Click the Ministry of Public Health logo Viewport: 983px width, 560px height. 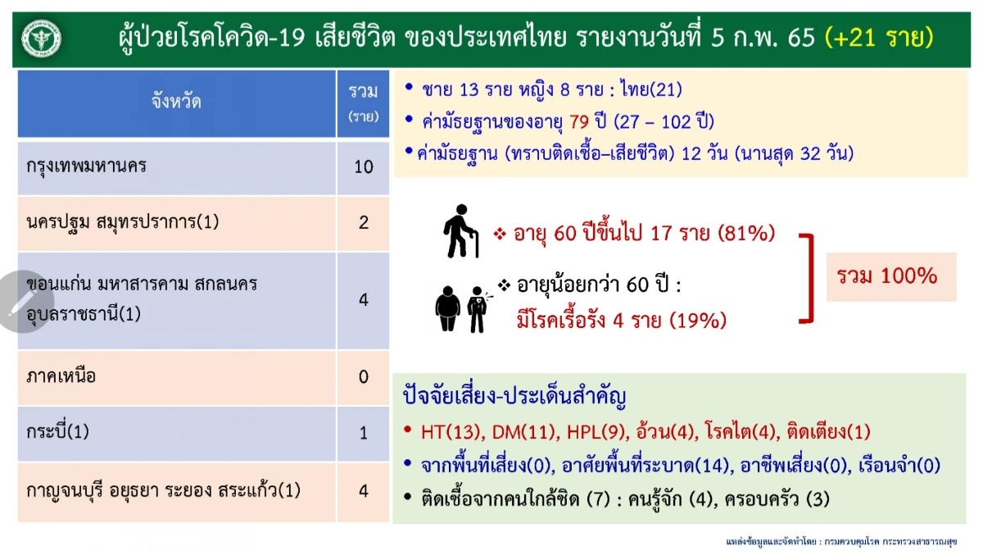coord(41,39)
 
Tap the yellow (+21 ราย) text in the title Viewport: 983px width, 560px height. coord(879,38)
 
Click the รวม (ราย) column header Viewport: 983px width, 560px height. coord(364,103)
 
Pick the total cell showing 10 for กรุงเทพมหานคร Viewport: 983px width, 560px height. coord(364,168)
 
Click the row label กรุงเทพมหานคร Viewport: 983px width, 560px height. coord(87,166)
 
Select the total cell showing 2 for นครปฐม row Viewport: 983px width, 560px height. coord(364,224)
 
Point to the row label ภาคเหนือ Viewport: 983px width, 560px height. coord(61,376)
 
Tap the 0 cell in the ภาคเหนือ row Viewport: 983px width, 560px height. coord(364,377)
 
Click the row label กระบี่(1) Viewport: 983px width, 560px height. coord(57,431)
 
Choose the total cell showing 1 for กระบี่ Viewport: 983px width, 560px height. coord(364,434)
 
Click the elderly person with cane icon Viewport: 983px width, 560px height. coord(460,231)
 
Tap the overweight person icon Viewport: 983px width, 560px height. coord(447,309)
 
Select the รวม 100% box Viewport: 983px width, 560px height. coord(891,276)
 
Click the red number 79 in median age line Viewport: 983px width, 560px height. coord(579,121)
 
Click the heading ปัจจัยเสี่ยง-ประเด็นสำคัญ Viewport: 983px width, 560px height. coord(514,396)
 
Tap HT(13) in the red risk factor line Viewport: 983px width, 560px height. coord(451,432)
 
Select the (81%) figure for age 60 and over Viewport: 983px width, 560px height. coord(746,233)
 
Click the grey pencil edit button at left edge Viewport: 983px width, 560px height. coord(24,302)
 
